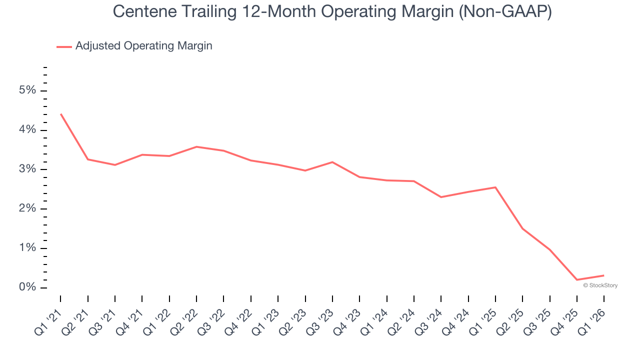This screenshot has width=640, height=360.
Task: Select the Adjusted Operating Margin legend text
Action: coord(143,46)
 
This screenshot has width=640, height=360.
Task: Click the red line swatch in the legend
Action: coord(64,46)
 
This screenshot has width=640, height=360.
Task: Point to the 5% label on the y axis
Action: coord(27,90)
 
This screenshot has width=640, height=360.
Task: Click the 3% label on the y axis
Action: coord(27,169)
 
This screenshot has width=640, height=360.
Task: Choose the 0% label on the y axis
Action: coord(27,287)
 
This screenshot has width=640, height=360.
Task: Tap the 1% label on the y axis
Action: coord(27,248)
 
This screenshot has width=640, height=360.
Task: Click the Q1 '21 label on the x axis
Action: coord(47,320)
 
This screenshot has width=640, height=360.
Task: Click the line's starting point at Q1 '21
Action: coord(61,114)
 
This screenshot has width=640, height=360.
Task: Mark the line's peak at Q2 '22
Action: coord(196,146)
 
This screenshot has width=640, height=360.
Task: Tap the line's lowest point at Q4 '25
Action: coord(577,279)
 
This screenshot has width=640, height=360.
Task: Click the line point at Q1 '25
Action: coord(495,187)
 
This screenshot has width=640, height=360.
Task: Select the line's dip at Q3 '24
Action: coord(441,197)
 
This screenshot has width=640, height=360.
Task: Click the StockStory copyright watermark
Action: coord(600,285)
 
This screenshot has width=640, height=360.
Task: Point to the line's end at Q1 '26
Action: coord(603,275)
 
